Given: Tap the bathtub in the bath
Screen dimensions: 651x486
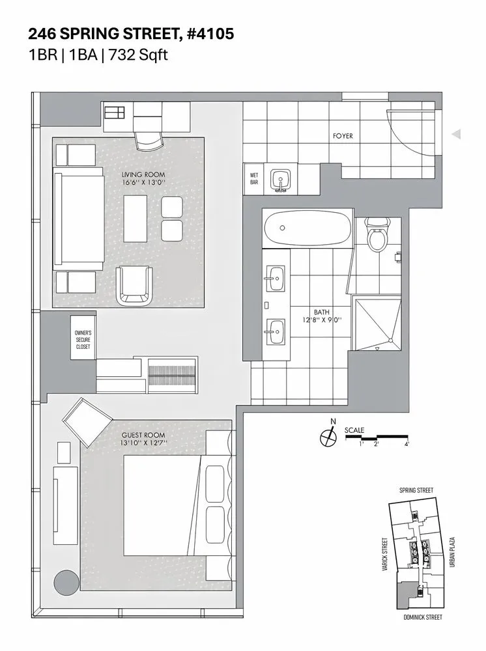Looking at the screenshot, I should coord(306,228).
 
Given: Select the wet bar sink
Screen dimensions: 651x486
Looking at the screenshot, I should coord(281,180).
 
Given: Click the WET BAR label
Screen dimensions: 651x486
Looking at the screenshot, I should coord(253,178).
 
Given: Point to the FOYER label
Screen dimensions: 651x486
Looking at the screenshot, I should coord(343,136).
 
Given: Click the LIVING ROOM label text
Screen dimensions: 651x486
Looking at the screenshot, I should coord(143,174).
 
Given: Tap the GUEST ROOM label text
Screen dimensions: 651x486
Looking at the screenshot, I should coord(143,435).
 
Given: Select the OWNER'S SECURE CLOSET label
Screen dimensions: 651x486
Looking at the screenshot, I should coord(83,339).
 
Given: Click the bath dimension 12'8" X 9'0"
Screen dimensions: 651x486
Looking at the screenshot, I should coord(322,320).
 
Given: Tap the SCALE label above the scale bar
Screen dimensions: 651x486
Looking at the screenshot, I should coord(354,430).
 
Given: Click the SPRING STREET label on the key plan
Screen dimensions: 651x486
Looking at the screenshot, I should coord(416,490).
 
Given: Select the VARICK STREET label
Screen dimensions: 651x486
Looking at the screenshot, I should coord(386,554).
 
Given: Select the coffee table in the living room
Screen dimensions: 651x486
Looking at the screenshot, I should coord(137,219).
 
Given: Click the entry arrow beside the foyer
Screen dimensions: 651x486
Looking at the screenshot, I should coord(457,134).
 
